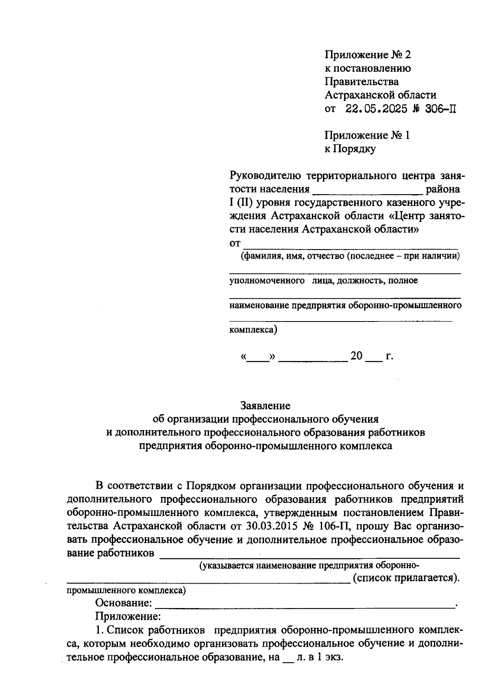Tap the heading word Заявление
[265, 405]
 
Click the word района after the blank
[442, 189]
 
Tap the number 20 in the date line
[356, 356]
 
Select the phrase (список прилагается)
[406, 578]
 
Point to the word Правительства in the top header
[362, 81]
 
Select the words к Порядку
[350, 149]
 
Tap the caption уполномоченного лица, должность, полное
[324, 281]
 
